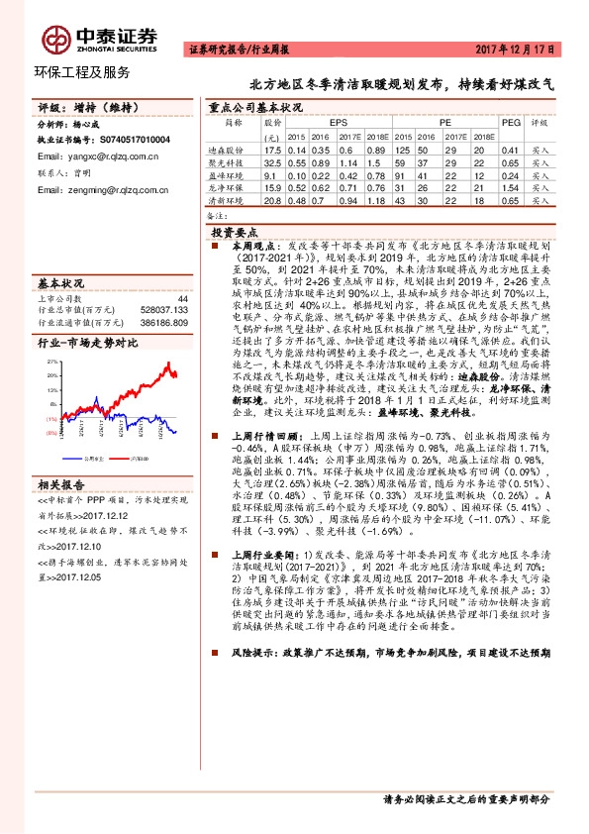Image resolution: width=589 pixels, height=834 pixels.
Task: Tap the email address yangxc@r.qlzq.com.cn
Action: tap(103, 156)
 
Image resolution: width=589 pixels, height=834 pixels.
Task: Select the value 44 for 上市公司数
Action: tap(182, 298)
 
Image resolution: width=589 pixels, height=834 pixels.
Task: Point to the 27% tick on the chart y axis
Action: tap(50, 363)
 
